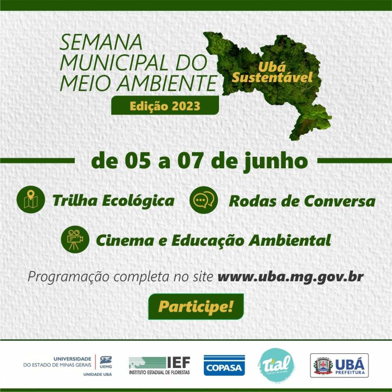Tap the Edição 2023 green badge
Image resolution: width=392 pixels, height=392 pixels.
tap(165, 106)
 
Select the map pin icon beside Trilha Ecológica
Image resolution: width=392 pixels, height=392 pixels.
tap(31, 200)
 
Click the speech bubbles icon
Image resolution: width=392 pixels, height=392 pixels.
tap(203, 200)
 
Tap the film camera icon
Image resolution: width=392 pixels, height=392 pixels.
tap(75, 239)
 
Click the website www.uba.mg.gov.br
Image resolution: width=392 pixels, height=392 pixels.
tap(290, 276)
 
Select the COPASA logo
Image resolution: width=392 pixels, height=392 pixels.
tap(224, 365)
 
